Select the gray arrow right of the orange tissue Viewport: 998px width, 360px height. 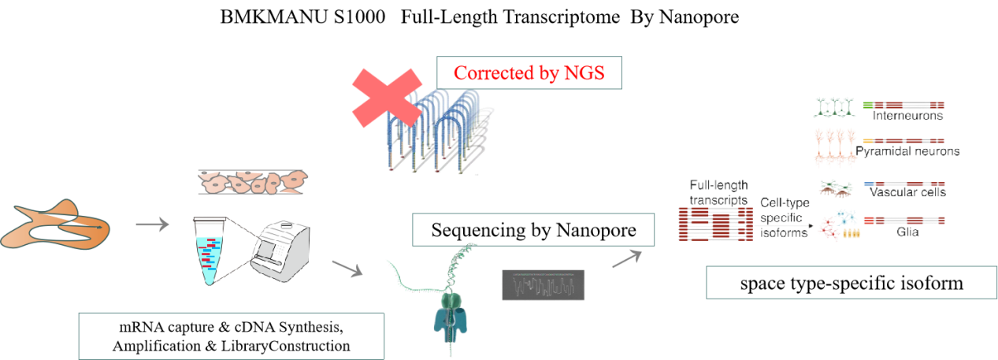152,225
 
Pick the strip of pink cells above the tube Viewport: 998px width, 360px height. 252,182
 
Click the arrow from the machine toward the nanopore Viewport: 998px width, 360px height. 347,268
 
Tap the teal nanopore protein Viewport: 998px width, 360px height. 451,315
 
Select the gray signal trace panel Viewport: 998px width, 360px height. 544,285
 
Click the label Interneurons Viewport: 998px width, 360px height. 907,116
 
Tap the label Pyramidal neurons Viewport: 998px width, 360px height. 907,151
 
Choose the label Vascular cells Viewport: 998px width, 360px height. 906,192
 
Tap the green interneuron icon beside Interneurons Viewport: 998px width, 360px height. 833,107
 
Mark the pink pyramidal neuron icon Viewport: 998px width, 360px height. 833,145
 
